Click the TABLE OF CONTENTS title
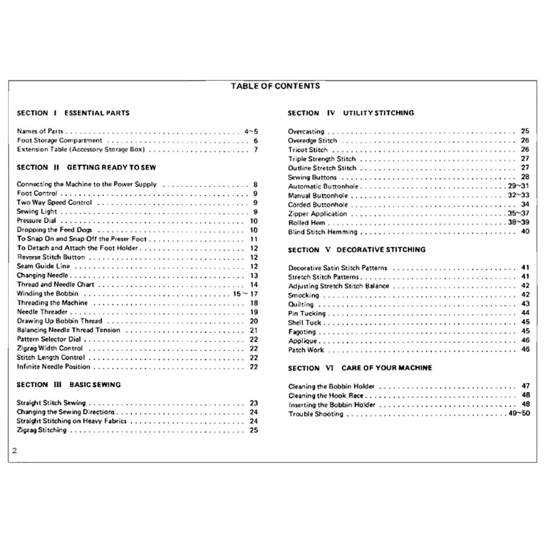(275, 86)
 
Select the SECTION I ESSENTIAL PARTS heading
(73, 113)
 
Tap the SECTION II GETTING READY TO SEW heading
(86, 168)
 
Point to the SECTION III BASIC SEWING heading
(69, 385)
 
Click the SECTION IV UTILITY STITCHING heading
(351, 113)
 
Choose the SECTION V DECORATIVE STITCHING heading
(357, 250)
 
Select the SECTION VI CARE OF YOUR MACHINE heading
(360, 368)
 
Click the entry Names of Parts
(40, 132)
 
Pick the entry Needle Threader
(42, 312)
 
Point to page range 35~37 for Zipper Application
(518, 214)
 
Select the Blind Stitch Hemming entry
(323, 232)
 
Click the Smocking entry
(304, 295)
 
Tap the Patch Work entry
(306, 350)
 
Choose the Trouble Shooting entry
(316, 414)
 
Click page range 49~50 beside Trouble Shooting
(518, 414)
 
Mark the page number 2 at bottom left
(15, 450)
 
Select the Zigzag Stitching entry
(41, 430)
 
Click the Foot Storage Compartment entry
(59, 140)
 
